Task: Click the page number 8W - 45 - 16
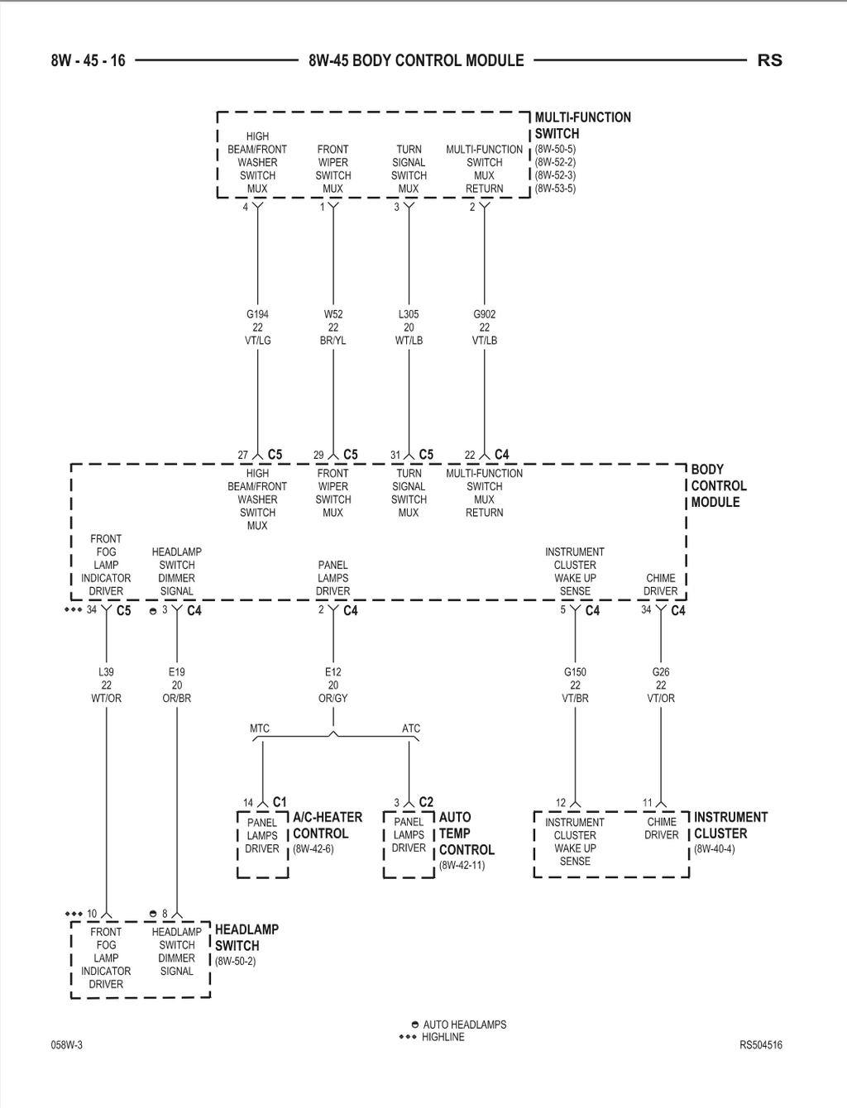coord(88,60)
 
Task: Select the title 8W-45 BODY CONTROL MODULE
coord(416,60)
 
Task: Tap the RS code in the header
coord(770,60)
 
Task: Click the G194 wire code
coord(257,314)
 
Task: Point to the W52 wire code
coord(333,314)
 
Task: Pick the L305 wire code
coord(409,314)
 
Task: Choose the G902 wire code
coord(485,314)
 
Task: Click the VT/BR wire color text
coord(575,698)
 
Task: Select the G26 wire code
coord(661,672)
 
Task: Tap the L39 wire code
coord(106,672)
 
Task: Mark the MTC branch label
coord(260,728)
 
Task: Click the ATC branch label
coord(411,728)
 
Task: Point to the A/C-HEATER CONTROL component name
coord(328,825)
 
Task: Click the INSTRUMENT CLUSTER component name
coord(731,825)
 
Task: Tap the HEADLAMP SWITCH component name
coord(246,938)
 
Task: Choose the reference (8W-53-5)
coord(555,189)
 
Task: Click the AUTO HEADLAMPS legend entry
coord(459,1024)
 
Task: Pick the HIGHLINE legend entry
coord(432,1037)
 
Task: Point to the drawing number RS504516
coord(761,1044)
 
